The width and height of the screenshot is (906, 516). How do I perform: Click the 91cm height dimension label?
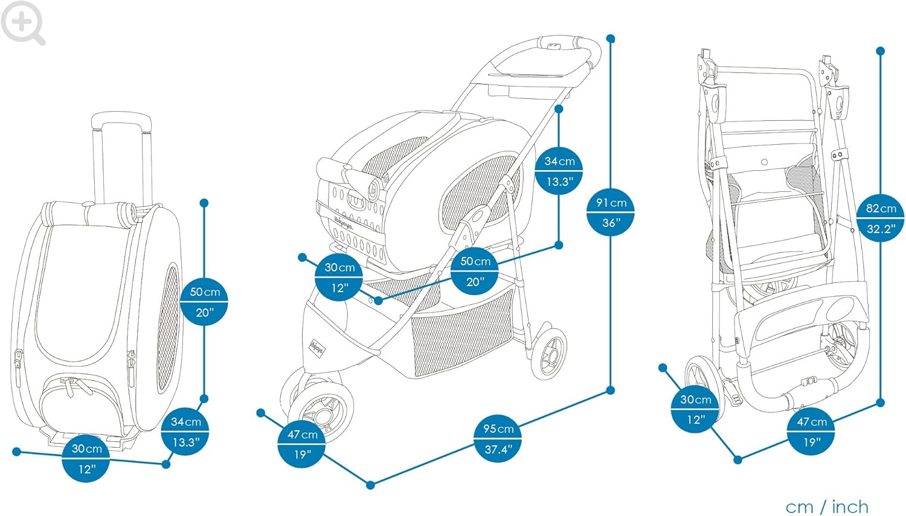(611, 212)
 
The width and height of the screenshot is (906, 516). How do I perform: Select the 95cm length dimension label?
(498, 439)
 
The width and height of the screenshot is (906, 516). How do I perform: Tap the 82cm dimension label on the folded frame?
(881, 218)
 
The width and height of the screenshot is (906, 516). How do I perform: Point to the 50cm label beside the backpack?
(205, 302)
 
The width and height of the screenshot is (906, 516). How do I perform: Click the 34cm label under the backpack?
(185, 432)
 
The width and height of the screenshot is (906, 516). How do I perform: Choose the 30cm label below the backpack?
(86, 459)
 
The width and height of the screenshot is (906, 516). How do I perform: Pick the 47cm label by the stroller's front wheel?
(302, 444)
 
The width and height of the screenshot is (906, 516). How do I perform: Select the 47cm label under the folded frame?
(811, 432)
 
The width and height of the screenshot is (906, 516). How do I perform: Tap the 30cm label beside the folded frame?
(695, 409)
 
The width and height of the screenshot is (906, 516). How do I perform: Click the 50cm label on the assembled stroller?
(475, 271)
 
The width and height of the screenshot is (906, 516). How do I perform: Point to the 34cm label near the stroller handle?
(559, 171)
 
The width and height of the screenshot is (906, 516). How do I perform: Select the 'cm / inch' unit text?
(827, 506)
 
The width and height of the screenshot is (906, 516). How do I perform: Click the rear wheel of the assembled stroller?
(549, 351)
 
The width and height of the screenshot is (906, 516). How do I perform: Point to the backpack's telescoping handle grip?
(121, 119)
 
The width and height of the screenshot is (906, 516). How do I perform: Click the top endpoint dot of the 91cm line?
(611, 39)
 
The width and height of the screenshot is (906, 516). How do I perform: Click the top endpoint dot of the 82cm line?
(881, 51)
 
